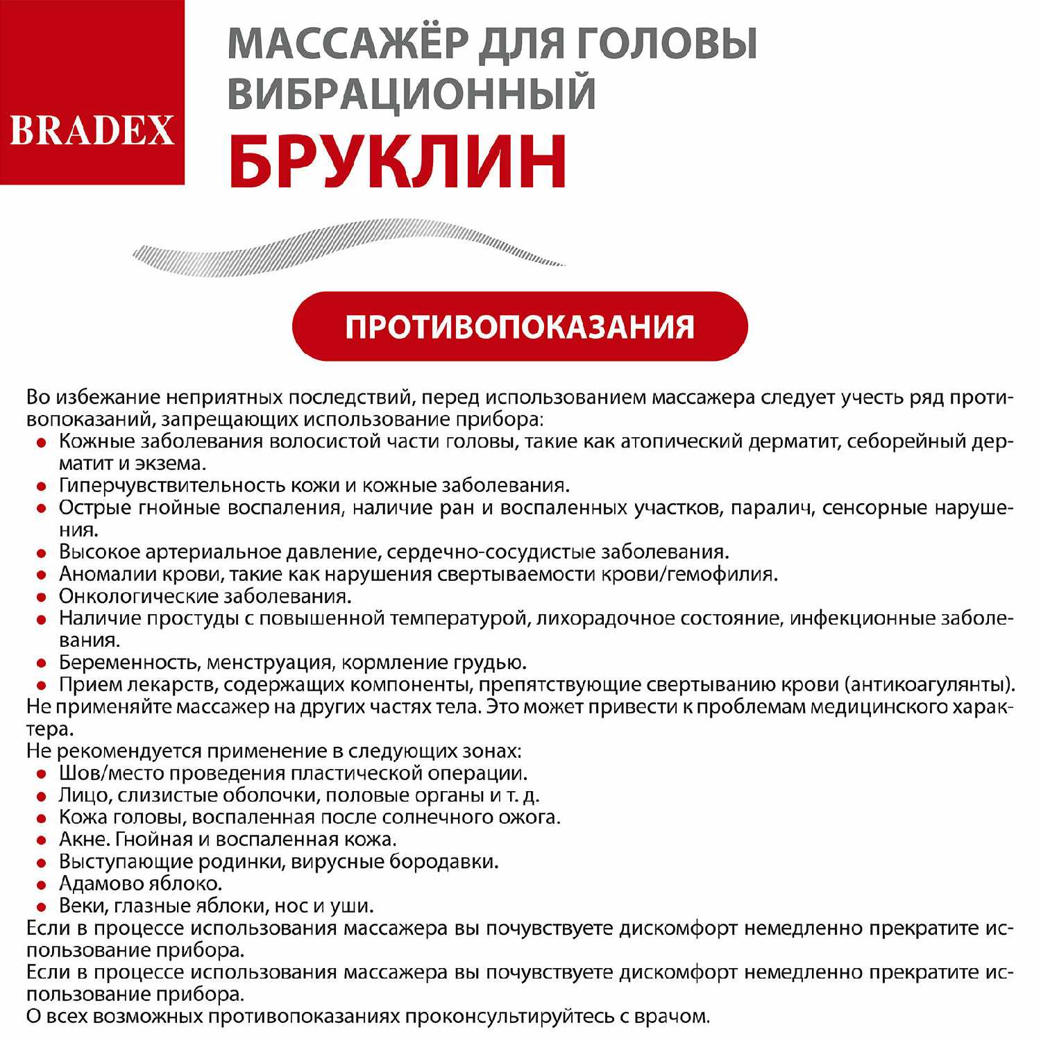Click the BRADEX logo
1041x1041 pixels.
(x=92, y=130)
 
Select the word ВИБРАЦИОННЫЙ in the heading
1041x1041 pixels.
(x=412, y=94)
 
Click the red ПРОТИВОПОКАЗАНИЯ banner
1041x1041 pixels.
(x=520, y=326)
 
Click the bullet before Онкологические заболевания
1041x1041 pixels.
(x=42, y=597)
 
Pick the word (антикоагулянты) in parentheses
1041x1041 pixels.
(x=929, y=685)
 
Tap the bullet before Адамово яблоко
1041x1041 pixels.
(x=42, y=885)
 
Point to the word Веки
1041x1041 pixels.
(x=82, y=906)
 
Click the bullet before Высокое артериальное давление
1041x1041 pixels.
(x=42, y=553)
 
